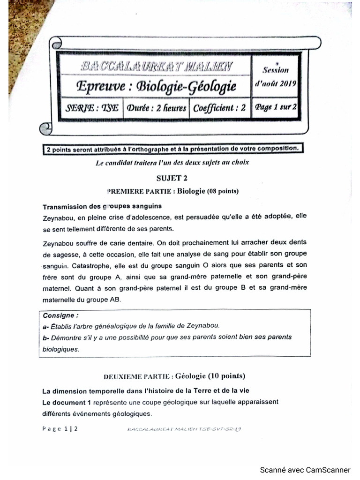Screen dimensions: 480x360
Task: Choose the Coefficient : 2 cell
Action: [x=219, y=108]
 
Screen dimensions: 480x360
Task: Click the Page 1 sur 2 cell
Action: [x=275, y=107]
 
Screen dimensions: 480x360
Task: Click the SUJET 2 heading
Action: [x=172, y=178]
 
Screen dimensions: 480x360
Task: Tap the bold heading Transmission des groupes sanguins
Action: [x=102, y=206]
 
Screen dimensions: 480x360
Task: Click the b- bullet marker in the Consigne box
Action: [x=45, y=337]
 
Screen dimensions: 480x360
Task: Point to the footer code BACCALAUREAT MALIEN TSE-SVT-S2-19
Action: [x=184, y=429]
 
